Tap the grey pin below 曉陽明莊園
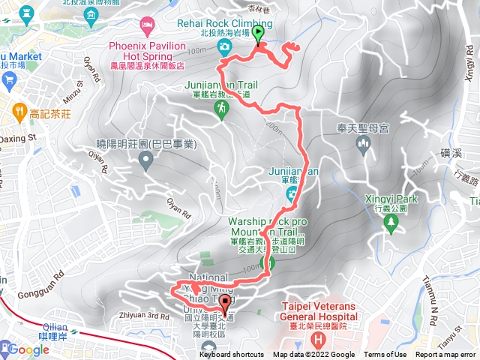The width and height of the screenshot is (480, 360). pos(145,160)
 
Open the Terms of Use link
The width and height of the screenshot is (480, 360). pos(385,355)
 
